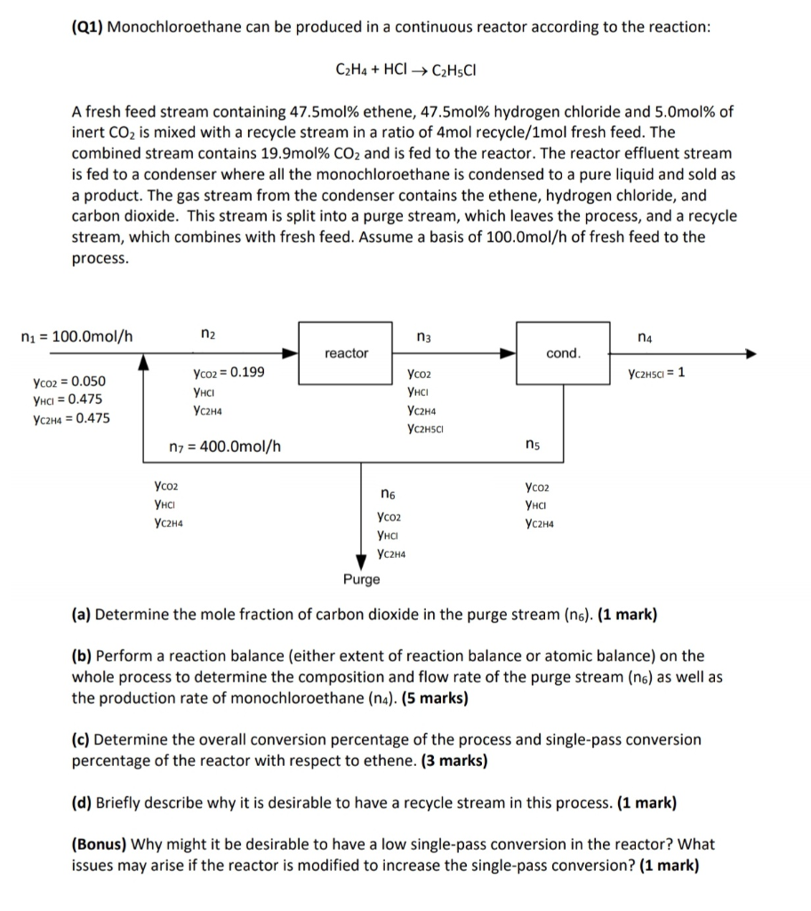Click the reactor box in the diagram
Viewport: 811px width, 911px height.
pos(346,354)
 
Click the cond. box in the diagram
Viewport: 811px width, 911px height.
pos(563,354)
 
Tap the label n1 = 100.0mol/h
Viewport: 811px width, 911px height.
pos(76,336)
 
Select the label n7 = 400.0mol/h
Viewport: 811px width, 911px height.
pos(225,446)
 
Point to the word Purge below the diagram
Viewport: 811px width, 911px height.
pos(361,579)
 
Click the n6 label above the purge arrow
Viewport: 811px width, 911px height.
pos(388,495)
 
